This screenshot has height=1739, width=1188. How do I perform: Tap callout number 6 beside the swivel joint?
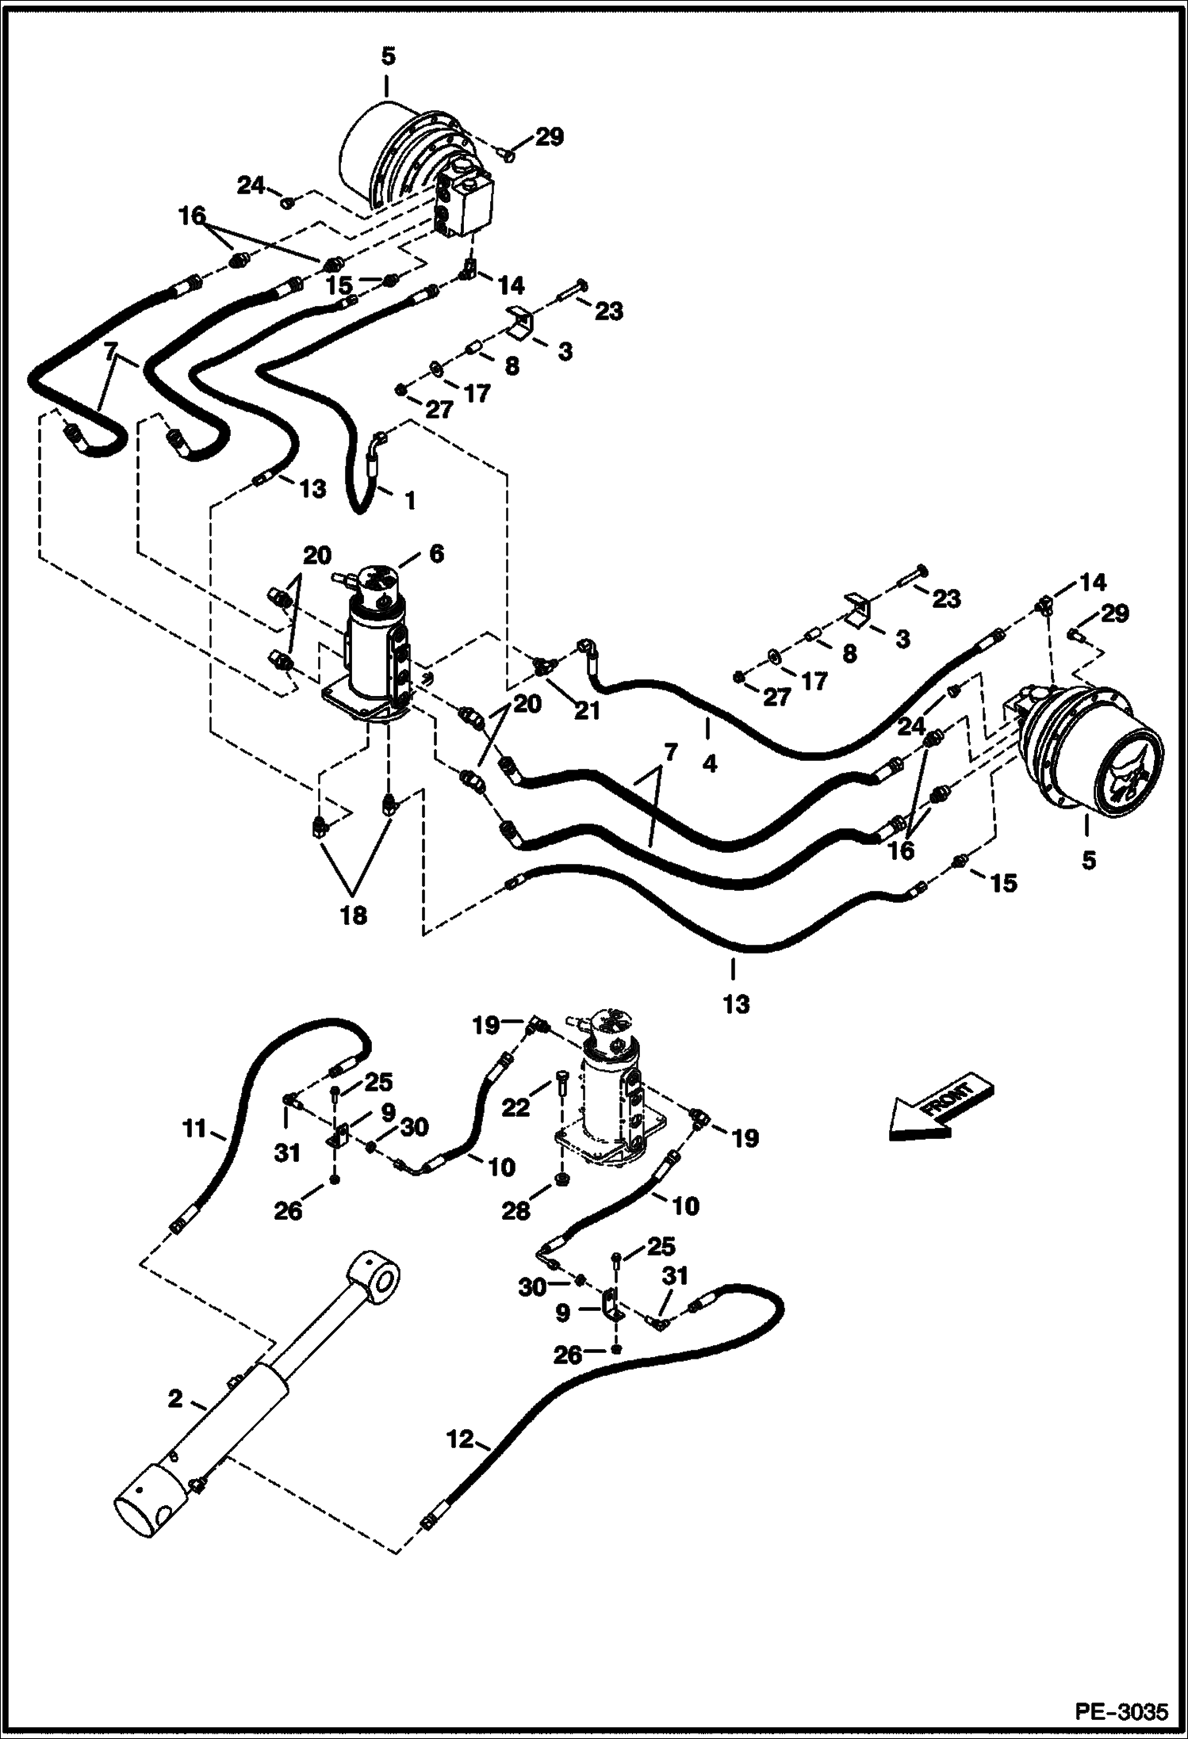click(x=436, y=553)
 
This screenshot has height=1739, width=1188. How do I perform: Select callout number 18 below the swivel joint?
click(x=354, y=915)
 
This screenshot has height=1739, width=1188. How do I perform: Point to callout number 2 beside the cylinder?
click(x=174, y=1400)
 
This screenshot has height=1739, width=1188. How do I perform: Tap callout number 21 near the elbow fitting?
click(x=587, y=711)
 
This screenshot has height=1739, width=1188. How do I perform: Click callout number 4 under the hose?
click(x=710, y=764)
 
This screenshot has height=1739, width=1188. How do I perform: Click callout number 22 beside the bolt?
click(x=516, y=1107)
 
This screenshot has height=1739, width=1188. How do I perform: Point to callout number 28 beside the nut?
click(x=515, y=1211)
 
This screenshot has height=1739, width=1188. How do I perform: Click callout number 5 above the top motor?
click(x=388, y=57)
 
